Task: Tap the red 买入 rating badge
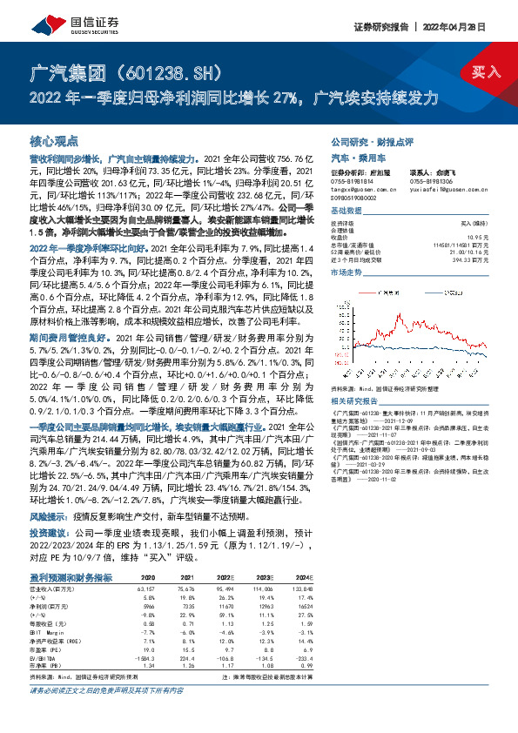[x=486, y=72]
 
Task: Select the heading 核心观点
[x=54, y=139]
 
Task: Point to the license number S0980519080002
[x=357, y=198]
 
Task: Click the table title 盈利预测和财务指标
[x=71, y=577]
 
